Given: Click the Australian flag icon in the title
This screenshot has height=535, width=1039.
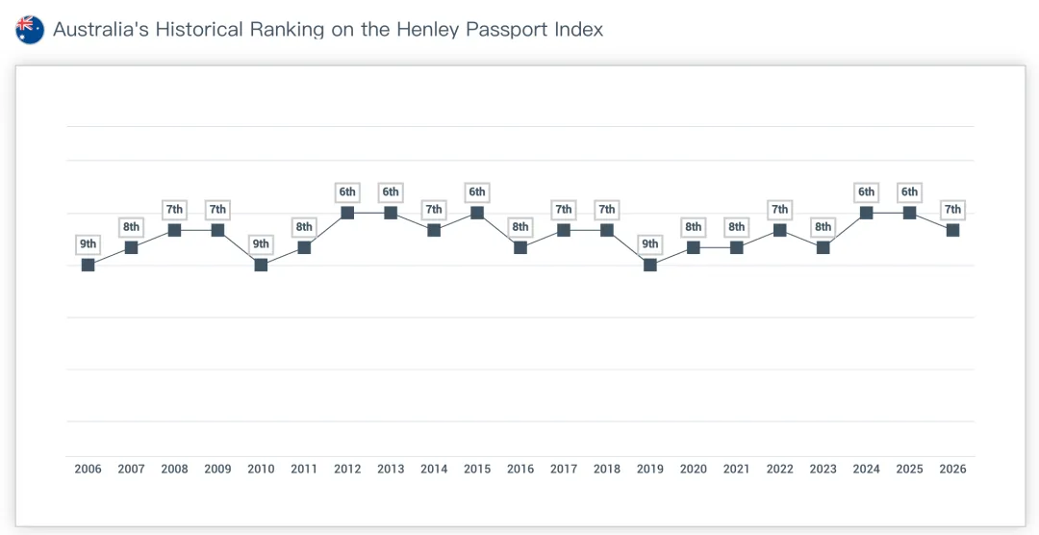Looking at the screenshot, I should (x=30, y=30).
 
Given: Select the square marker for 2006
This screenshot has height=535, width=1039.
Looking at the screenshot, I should (x=89, y=265).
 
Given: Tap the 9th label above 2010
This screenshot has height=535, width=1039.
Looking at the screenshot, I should (x=261, y=244).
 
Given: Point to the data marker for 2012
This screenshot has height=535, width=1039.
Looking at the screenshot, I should (x=347, y=213).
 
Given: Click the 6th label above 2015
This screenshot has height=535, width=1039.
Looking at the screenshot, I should (x=477, y=192).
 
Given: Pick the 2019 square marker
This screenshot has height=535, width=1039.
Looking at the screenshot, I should (x=650, y=265).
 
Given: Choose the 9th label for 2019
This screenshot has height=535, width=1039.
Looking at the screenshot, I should (x=650, y=244).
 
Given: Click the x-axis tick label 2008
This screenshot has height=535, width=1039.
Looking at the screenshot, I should (x=174, y=469).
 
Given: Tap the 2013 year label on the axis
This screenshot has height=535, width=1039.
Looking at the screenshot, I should (x=391, y=469).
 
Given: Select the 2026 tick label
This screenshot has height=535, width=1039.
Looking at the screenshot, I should (x=952, y=469).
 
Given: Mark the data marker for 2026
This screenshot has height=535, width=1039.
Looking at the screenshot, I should (x=952, y=230).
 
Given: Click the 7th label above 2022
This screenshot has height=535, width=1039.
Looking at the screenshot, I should (x=780, y=210).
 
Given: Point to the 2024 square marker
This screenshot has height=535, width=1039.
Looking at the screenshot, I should (x=867, y=213).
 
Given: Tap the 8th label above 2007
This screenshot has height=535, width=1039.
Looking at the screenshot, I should (x=131, y=227).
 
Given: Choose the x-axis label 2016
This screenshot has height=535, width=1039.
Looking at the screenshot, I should (x=520, y=469).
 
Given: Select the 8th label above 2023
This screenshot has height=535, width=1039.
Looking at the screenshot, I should (x=824, y=227).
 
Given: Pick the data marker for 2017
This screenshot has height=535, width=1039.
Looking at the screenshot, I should (x=564, y=230).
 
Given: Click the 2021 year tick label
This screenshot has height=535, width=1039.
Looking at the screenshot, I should (x=737, y=469).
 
